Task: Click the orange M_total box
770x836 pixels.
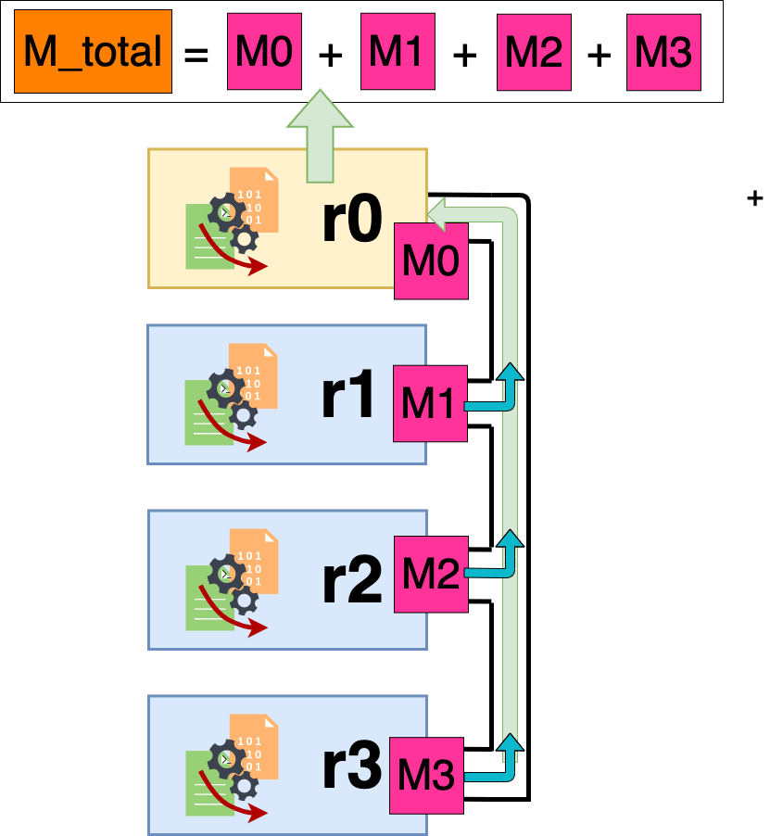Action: (93, 52)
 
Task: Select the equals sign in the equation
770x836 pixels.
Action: (196, 55)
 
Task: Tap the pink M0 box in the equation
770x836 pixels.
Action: (264, 52)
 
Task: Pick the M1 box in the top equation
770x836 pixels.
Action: (397, 52)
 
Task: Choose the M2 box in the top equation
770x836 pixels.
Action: (533, 52)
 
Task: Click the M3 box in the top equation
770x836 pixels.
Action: (663, 52)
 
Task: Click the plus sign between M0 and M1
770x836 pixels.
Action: (331, 56)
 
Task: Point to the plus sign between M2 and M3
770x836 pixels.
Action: (600, 56)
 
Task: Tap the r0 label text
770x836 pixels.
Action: (351, 220)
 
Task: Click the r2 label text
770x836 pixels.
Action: (351, 581)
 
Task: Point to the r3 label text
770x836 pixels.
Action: (351, 766)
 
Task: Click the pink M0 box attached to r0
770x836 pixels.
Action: (431, 260)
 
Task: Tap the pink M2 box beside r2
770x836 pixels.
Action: (431, 575)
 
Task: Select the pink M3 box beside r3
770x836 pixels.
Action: (426, 775)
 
